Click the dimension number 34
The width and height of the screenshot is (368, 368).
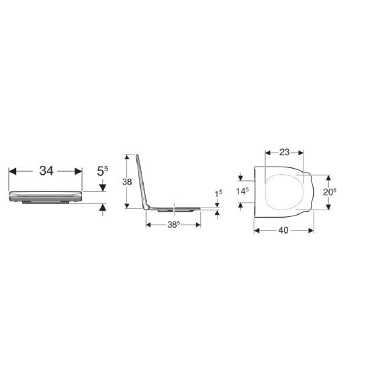click(46, 171)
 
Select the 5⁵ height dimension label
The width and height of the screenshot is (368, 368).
click(102, 171)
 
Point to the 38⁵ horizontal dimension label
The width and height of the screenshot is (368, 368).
click(173, 224)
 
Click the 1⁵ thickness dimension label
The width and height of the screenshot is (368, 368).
click(217, 194)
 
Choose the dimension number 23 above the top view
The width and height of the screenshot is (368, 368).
click(285, 152)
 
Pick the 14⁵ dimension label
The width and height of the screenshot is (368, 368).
click(242, 191)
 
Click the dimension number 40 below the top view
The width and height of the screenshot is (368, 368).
click(284, 230)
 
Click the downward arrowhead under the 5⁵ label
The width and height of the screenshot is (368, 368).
click(102, 186)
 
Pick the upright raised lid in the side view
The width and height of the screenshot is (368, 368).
click(142, 180)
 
